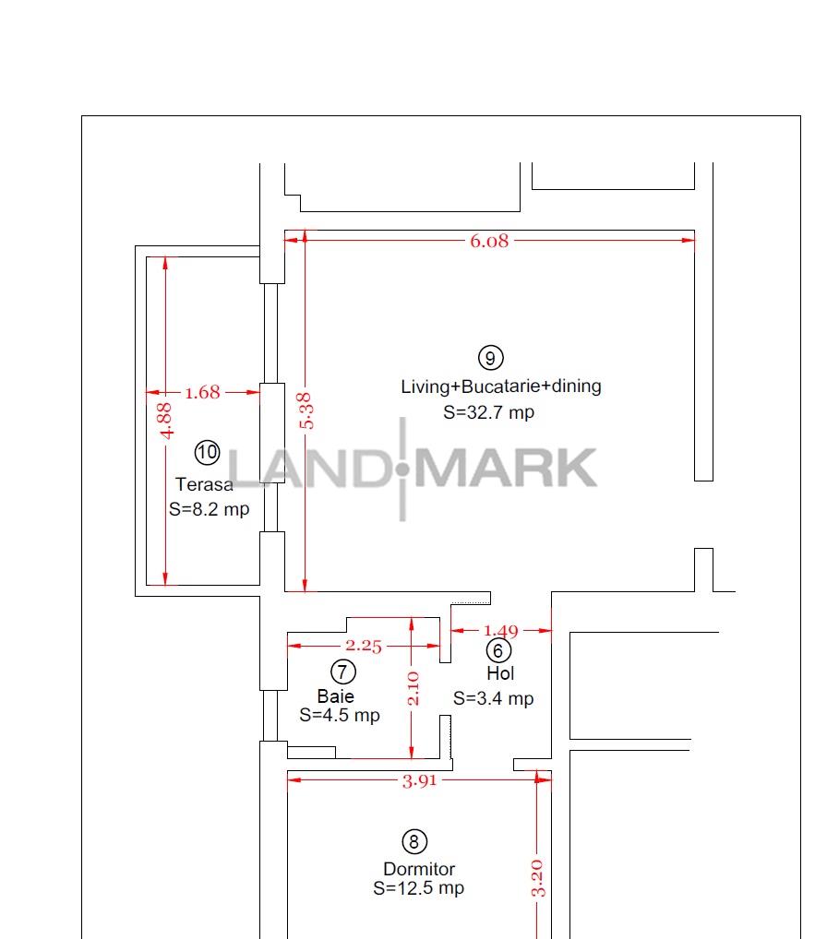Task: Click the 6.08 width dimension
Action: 489,242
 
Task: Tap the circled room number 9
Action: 490,358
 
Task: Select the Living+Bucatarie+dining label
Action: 500,386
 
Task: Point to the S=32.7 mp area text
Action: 488,412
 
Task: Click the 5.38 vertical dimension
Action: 307,410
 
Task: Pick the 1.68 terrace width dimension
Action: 203,393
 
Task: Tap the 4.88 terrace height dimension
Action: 165,421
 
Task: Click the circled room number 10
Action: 208,452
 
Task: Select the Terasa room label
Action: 204,484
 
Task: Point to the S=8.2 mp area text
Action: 209,509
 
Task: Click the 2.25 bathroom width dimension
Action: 364,646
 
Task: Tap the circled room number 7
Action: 342,672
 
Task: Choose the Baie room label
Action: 335,696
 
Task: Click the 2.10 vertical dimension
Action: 413,688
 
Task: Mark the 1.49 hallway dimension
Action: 501,632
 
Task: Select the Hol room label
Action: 500,674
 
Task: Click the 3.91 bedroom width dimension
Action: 420,780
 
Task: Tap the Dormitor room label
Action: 419,869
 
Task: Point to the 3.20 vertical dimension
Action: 539,877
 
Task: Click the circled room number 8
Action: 414,841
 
